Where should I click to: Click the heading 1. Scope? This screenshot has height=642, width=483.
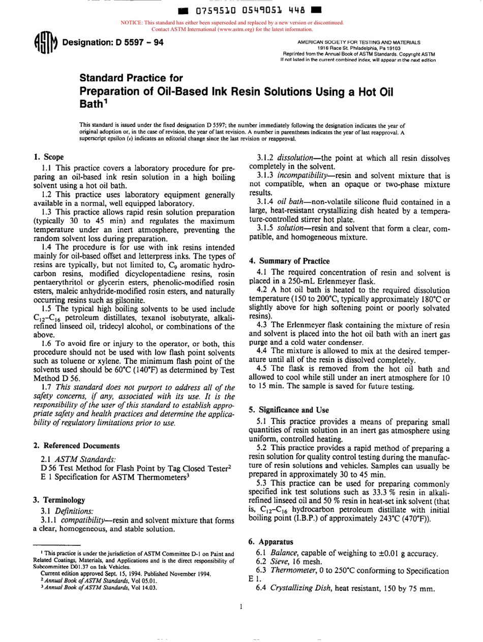pos(48,157)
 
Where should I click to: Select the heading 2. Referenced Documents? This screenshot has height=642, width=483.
pos(77,446)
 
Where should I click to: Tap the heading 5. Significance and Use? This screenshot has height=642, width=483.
pos(288,410)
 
